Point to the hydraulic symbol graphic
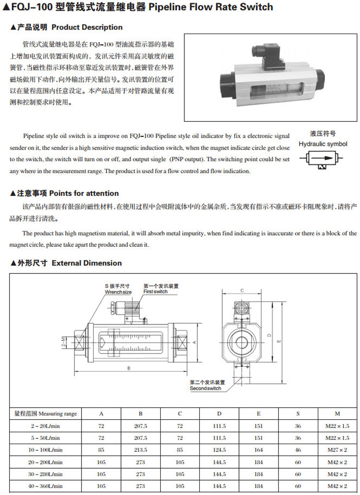(x=323, y=158)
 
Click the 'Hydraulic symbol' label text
(x=323, y=143)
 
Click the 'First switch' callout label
(x=156, y=292)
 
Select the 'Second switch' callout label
(x=205, y=388)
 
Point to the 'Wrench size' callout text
(x=118, y=292)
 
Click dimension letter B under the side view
(x=129, y=368)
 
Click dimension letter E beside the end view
(x=279, y=341)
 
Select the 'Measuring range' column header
(x=46, y=413)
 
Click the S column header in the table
(x=298, y=413)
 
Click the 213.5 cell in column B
(x=141, y=450)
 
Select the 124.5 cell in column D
(x=219, y=450)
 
